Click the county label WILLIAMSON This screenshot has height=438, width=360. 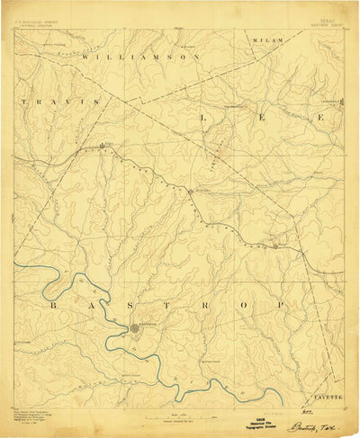(139, 56)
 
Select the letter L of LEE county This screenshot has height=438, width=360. (204, 118)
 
